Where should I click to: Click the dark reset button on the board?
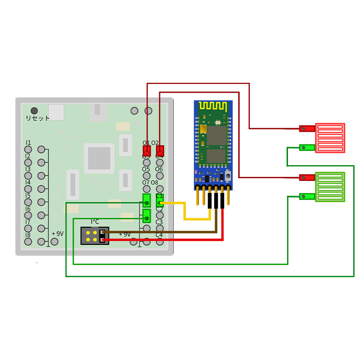coord(34,110)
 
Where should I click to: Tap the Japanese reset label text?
coord(38,118)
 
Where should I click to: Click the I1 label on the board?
coord(28,143)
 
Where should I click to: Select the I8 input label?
coord(28,235)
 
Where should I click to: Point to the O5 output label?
coord(146,169)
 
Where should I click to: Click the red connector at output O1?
coord(146,150)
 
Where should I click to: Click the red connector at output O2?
coord(160,151)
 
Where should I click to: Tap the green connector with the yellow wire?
coord(160,201)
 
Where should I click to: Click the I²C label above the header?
coord(95,221)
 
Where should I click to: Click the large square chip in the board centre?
coord(99,158)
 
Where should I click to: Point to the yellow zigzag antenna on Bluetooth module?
coord(213,106)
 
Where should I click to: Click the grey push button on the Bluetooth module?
coord(228,176)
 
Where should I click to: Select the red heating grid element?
coord(330,138)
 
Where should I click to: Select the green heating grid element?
coord(330,187)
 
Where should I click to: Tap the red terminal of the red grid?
coord(307,129)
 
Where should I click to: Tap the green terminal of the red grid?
coord(307,148)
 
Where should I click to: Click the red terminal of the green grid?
coord(307,177)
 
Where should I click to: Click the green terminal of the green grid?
coord(307,196)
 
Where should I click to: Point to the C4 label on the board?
coord(159,235)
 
